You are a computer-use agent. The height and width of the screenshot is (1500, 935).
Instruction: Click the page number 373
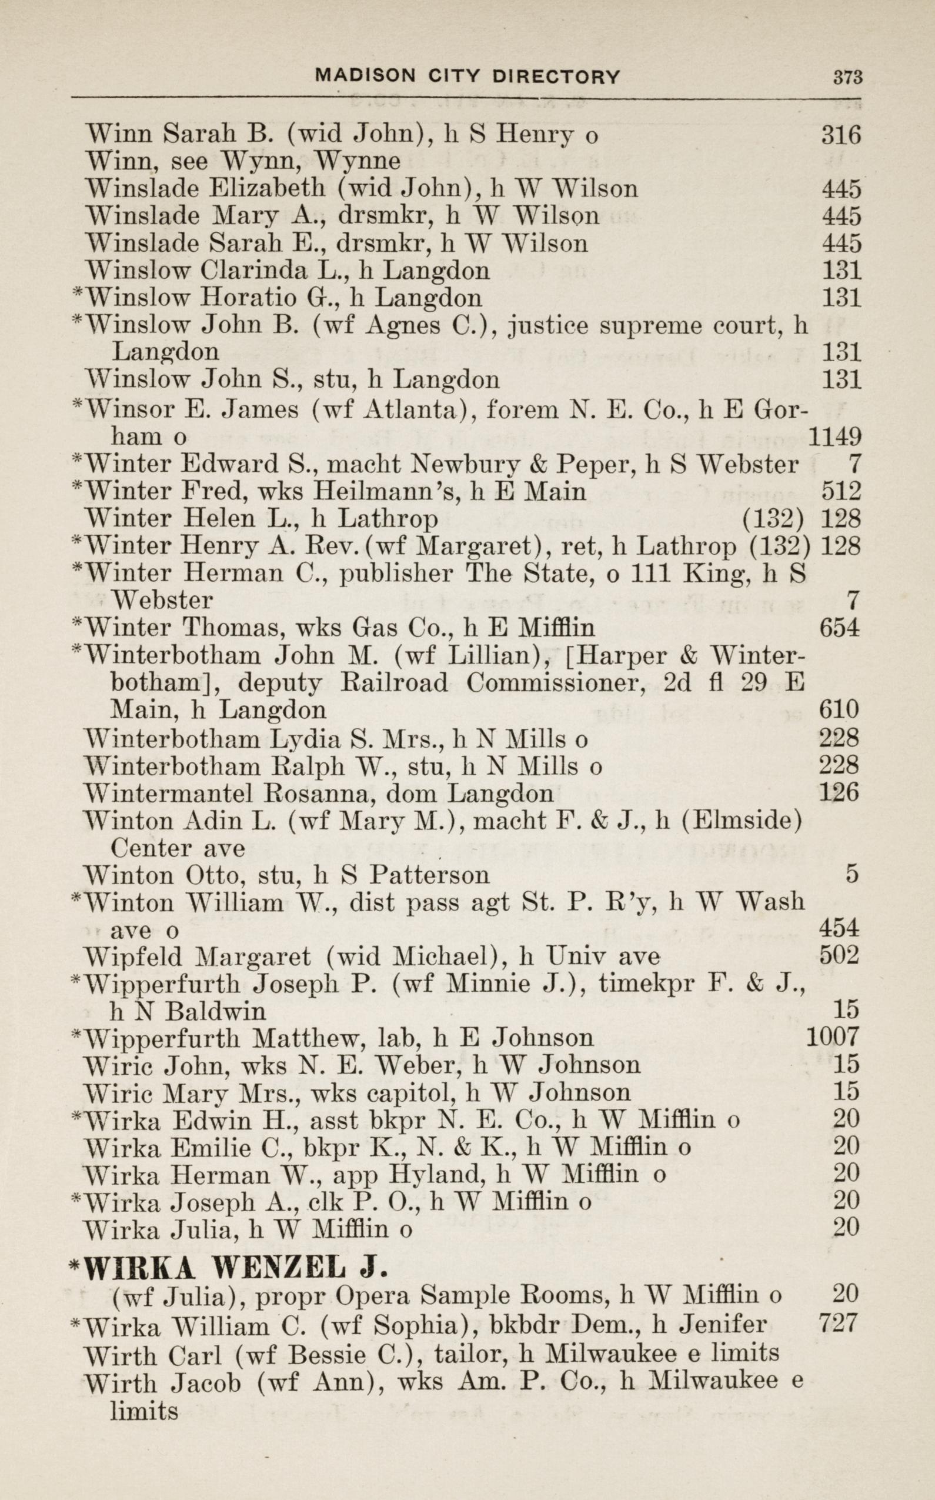(x=847, y=77)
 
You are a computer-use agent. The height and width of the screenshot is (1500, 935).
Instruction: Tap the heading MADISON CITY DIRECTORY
(x=467, y=76)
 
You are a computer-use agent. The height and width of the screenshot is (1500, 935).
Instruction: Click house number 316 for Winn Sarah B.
(x=840, y=135)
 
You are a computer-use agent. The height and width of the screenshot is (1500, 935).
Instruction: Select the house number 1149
(x=835, y=436)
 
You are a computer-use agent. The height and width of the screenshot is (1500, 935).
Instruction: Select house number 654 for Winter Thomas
(x=839, y=628)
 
